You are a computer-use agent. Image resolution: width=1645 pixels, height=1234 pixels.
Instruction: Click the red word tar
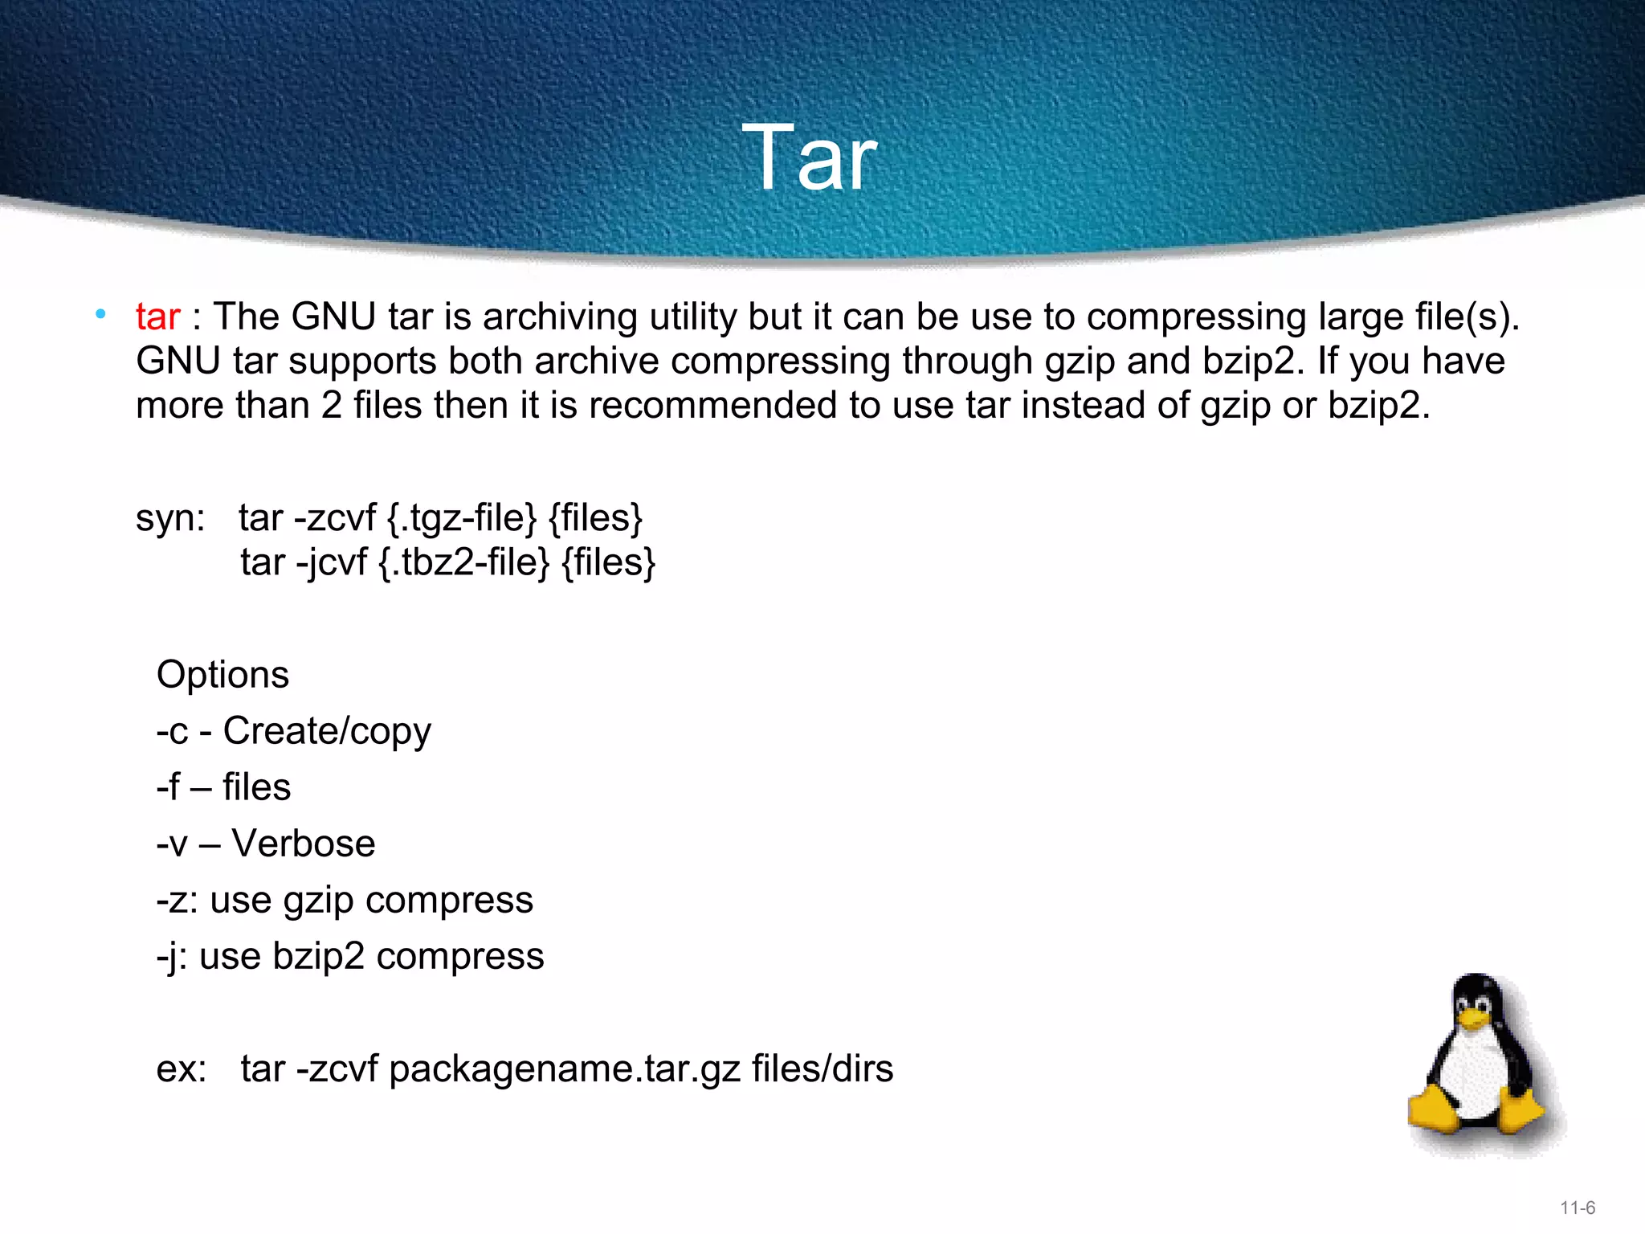157,317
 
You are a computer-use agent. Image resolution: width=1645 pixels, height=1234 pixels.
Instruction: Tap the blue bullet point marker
100,314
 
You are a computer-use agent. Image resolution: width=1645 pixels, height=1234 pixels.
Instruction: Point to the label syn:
170,518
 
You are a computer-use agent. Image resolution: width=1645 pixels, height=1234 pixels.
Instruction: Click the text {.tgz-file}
461,518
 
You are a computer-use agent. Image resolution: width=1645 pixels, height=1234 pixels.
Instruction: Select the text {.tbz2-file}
464,562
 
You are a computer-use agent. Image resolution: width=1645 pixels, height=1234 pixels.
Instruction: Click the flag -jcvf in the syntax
331,562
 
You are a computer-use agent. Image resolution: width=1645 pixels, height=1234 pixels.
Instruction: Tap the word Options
222,675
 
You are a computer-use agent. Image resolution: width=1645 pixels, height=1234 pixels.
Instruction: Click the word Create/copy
327,732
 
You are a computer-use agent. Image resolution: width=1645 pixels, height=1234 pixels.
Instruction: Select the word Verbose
304,844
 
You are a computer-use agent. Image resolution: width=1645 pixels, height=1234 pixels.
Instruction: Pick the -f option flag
168,787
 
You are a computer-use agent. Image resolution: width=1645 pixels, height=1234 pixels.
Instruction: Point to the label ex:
182,1069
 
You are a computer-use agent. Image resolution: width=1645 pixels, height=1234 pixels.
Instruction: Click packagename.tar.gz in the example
565,1069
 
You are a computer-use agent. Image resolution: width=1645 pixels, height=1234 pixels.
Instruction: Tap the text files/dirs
822,1069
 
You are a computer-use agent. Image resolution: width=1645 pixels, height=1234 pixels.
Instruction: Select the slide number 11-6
1578,1207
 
